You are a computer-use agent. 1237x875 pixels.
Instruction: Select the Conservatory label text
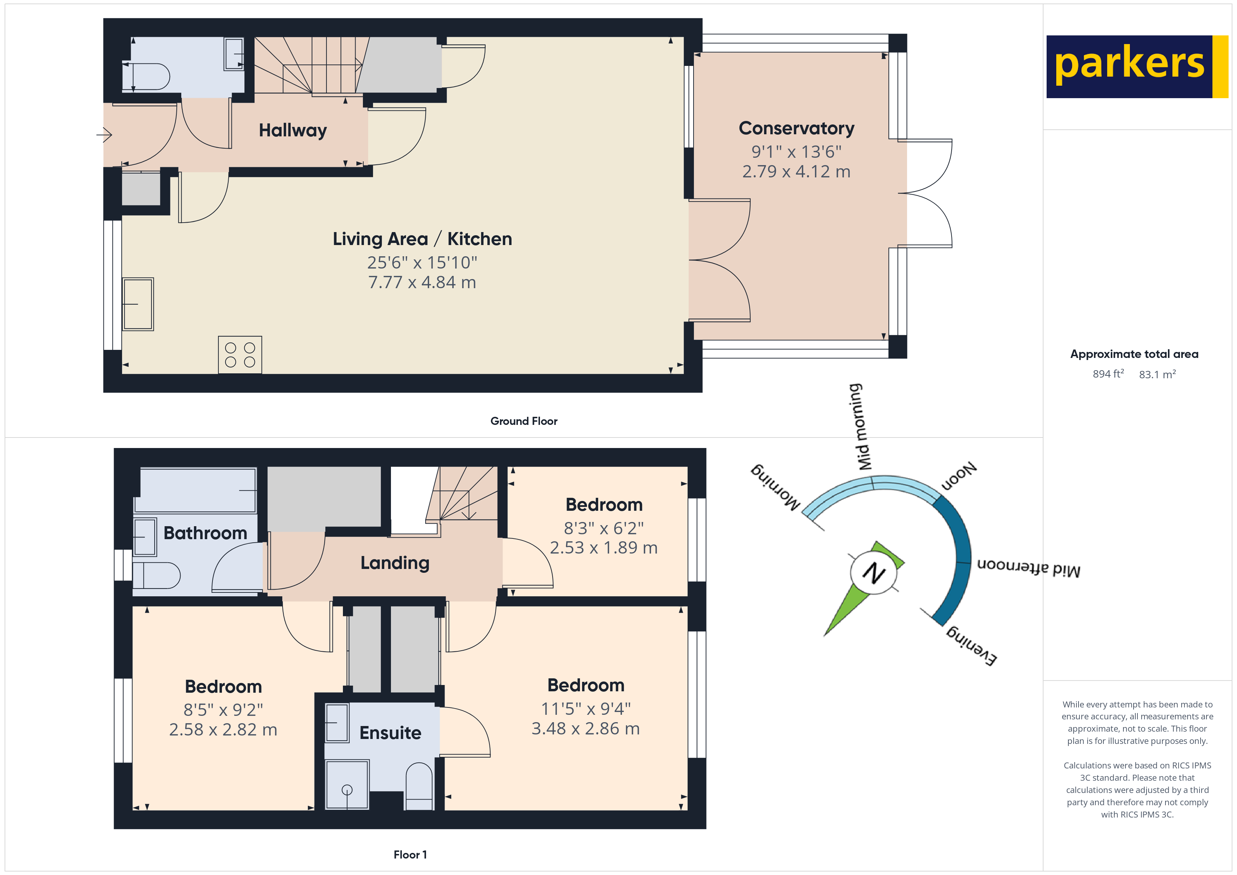(x=796, y=128)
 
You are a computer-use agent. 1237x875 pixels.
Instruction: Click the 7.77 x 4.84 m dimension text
(x=422, y=282)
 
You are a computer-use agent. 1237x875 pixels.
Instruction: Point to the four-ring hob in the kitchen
(x=240, y=354)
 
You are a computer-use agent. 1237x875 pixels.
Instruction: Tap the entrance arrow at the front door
(x=104, y=134)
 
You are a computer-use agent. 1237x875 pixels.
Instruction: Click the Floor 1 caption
(x=410, y=855)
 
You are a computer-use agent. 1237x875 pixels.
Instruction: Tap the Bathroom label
(x=205, y=533)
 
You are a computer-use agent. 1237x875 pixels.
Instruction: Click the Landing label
(x=395, y=563)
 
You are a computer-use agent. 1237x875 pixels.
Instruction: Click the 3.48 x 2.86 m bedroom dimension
(x=585, y=728)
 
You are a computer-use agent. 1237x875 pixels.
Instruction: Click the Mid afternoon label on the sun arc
(x=1028, y=568)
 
